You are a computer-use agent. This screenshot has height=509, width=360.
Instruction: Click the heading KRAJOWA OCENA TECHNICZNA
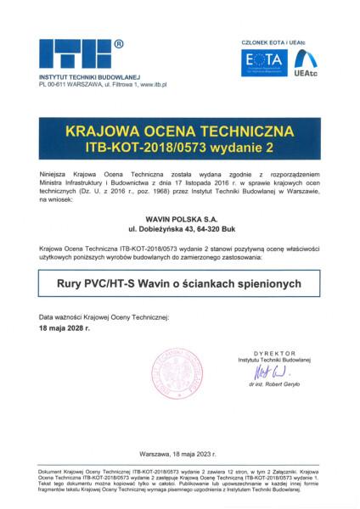pyautogui.click(x=180, y=132)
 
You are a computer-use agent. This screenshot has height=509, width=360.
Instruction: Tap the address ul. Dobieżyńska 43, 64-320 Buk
pyautogui.click(x=180, y=229)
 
